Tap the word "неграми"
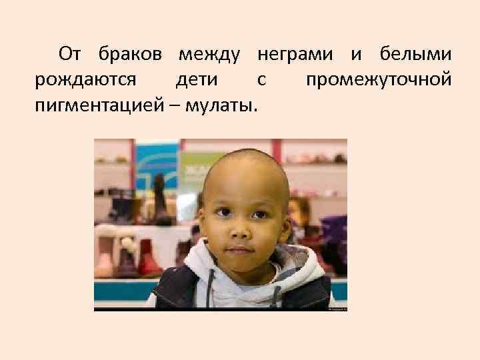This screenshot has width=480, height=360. [295, 53]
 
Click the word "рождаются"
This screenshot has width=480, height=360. [85, 79]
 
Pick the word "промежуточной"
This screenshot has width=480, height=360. [379, 79]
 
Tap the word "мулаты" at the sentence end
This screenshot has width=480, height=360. [225, 106]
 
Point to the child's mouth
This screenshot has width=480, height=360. [242, 251]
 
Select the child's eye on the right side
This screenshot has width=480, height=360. [262, 213]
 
